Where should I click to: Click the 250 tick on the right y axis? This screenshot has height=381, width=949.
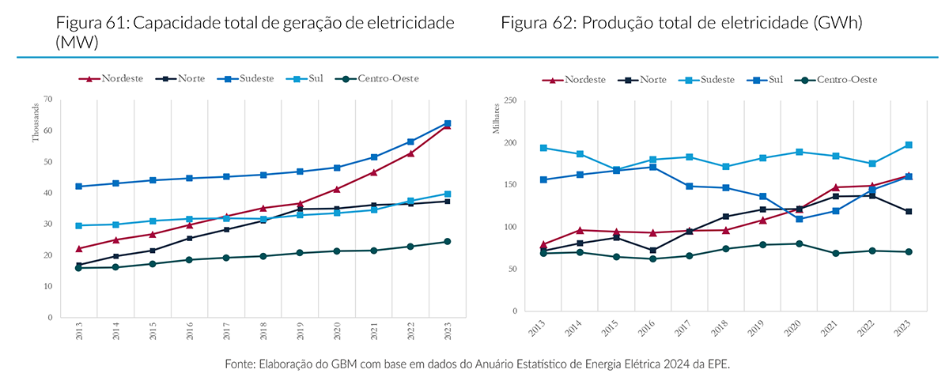(509, 100)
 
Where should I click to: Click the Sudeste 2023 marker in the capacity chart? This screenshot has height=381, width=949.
(448, 123)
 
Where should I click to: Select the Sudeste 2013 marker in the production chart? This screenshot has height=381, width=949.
(544, 148)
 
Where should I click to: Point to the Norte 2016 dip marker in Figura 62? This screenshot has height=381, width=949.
(653, 251)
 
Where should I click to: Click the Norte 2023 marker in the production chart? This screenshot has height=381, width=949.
(909, 211)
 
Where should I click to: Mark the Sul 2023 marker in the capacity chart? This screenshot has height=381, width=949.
(448, 194)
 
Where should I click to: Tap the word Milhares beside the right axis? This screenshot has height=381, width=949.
(497, 119)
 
